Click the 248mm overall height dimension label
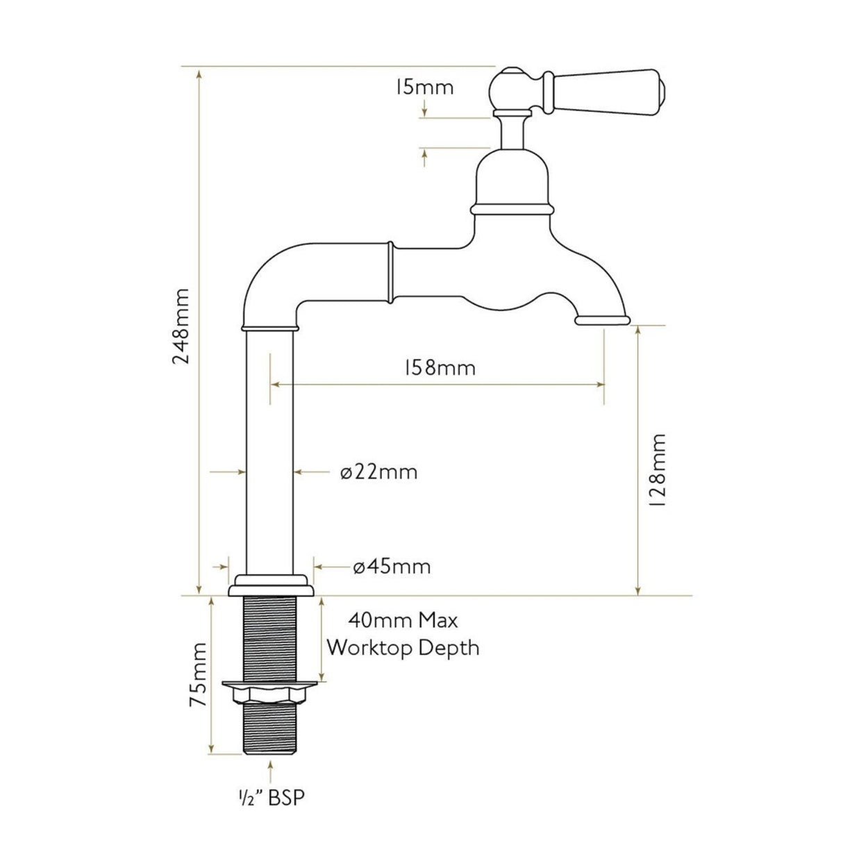[181, 326]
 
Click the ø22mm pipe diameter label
[379, 472]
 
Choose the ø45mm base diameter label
[392, 567]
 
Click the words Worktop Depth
[403, 648]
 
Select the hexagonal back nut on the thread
[270, 691]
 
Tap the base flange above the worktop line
[271, 585]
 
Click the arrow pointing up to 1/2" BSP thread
[270, 770]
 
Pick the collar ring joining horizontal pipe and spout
[392, 272]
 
